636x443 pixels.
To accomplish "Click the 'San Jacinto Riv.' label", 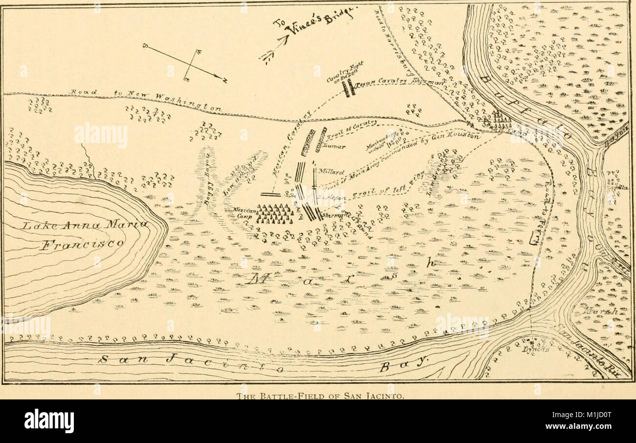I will coord(587,352).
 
